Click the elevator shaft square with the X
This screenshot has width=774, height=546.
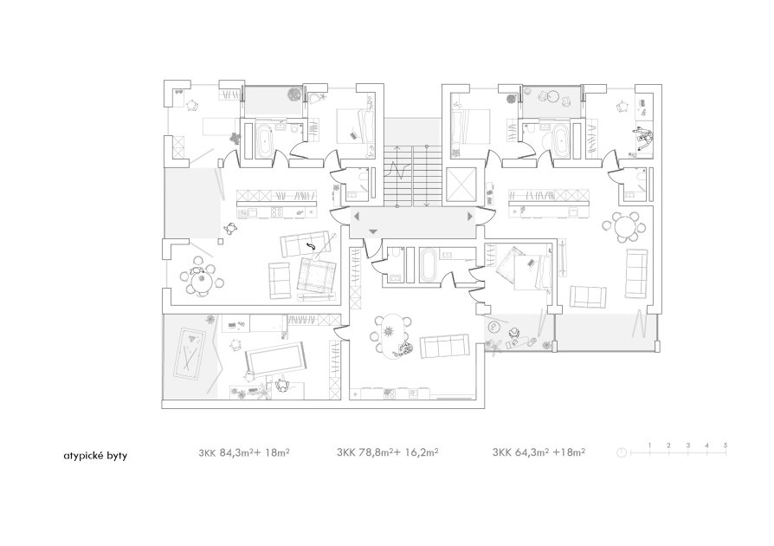click(x=461, y=185)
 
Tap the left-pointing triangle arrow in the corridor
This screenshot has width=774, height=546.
click(x=356, y=217)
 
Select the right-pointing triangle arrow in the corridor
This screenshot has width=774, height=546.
click(x=470, y=217)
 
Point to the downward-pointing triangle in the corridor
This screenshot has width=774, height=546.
click(x=373, y=231)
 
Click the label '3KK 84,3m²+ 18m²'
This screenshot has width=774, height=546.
click(x=244, y=452)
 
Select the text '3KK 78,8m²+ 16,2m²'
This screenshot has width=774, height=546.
click(x=388, y=452)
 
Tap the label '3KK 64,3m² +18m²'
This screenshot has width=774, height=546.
click(x=539, y=452)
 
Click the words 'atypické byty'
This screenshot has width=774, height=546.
click(x=95, y=456)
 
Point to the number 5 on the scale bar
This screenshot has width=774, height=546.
click(x=726, y=445)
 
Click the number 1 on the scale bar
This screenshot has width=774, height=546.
click(x=650, y=445)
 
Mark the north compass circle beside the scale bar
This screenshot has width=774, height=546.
click(x=622, y=452)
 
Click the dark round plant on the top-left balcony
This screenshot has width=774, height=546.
click(x=294, y=94)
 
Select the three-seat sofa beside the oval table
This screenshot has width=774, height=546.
click(x=444, y=347)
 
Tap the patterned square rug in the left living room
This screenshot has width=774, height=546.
click(x=316, y=275)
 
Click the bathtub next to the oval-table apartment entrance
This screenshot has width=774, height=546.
click(x=429, y=265)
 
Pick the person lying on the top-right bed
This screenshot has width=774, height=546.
click(x=643, y=138)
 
